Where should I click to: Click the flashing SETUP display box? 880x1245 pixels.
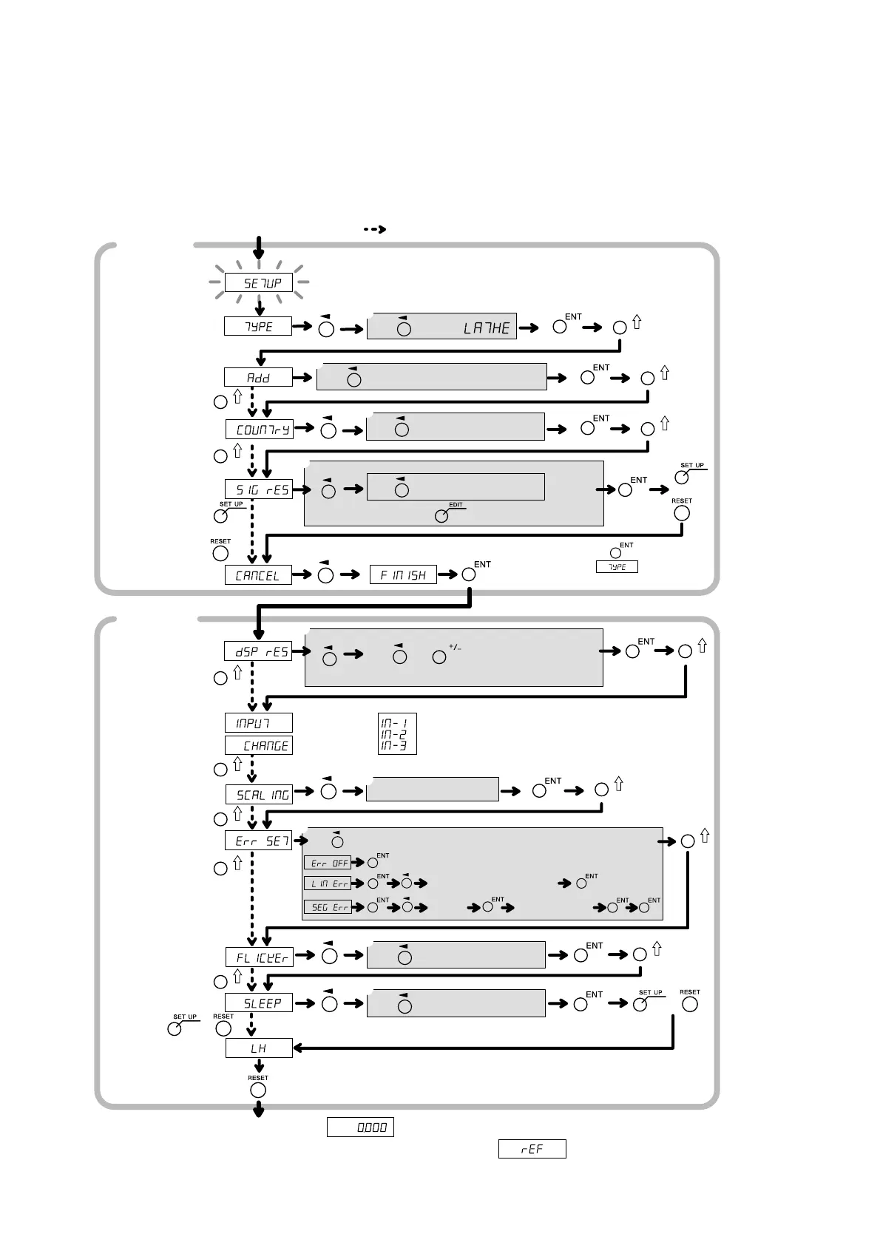tap(258, 282)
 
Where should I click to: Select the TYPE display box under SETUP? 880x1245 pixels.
tap(258, 326)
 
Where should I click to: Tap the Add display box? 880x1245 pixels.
tap(258, 377)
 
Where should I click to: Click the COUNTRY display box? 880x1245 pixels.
tap(259, 429)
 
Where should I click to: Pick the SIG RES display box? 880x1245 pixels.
tap(259, 489)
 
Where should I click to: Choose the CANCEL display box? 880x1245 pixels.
tap(258, 574)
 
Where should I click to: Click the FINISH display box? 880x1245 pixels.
tap(403, 574)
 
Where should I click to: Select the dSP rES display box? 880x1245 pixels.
tap(258, 651)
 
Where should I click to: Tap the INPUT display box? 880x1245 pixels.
tap(258, 722)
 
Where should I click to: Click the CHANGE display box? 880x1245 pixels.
tap(258, 745)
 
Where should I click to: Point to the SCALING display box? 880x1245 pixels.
tap(259, 794)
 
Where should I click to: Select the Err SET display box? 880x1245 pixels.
tap(259, 841)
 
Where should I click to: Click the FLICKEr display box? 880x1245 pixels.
tap(259, 957)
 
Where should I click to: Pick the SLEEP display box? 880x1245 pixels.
tap(259, 1003)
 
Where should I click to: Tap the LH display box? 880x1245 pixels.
tap(259, 1048)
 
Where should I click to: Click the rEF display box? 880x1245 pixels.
tap(532, 1149)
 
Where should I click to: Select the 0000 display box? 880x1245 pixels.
tap(360, 1127)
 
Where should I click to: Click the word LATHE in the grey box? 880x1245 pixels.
tap(487, 328)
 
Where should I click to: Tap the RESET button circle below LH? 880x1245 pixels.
tap(258, 1090)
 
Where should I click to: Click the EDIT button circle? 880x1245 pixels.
tap(441, 516)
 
